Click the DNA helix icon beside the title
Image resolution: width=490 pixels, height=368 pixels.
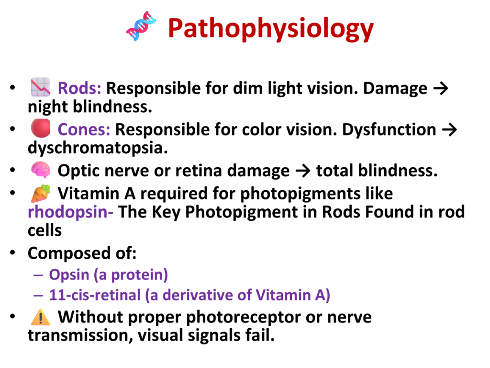pyautogui.click(x=141, y=26)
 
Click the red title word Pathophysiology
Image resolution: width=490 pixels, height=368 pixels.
pyautogui.click(x=271, y=28)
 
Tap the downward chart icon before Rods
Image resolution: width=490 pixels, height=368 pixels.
pyautogui.click(x=40, y=87)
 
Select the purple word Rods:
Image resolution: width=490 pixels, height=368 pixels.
pyautogui.click(x=79, y=88)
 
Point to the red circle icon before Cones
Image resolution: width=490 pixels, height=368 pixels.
pyautogui.click(x=41, y=128)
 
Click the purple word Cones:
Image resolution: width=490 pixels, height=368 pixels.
pyautogui.click(x=84, y=129)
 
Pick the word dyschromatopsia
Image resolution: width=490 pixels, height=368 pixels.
pyautogui.click(x=98, y=148)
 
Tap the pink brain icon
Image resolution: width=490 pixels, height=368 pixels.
pyautogui.click(x=41, y=170)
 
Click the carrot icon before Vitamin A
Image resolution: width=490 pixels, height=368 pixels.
pyautogui.click(x=41, y=194)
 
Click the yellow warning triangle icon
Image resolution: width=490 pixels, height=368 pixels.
pyautogui.click(x=41, y=317)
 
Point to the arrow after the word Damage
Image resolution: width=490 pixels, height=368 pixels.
pyautogui.click(x=441, y=89)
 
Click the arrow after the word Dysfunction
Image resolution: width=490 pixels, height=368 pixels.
pyautogui.click(x=449, y=130)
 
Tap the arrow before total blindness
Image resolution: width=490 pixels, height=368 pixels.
pyautogui.click(x=303, y=171)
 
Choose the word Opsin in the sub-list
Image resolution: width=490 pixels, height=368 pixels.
pyautogui.click(x=69, y=275)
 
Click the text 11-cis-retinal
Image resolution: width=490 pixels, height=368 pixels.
pyautogui.click(x=95, y=295)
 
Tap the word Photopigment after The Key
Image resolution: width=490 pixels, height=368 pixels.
pyautogui.click(x=242, y=212)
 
